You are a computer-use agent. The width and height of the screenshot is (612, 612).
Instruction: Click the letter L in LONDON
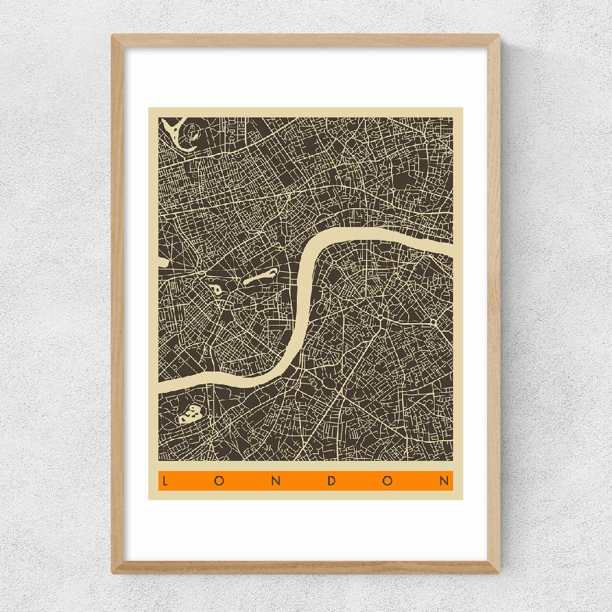pyautogui.click(x=164, y=481)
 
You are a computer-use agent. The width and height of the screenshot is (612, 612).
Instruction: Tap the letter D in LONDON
pyautogui.click(x=332, y=481)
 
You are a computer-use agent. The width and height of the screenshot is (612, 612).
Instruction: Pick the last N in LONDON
pyautogui.click(x=445, y=481)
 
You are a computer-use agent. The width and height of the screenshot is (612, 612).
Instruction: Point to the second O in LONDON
pyautogui.click(x=388, y=481)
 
